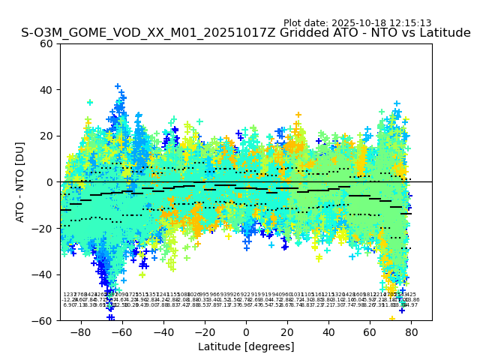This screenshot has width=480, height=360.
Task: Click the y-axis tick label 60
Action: (x=46, y=43)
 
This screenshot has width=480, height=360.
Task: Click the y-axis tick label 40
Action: (x=46, y=90)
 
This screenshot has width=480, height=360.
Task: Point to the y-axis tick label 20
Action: (x=46, y=136)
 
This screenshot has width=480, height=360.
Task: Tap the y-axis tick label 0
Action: (x=49, y=182)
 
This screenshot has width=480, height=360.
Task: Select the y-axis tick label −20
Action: (x=43, y=229)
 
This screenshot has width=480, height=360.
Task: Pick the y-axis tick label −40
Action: (x=43, y=274)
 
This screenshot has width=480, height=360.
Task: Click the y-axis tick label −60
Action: (x=43, y=321)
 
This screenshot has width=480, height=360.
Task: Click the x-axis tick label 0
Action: (x=246, y=331)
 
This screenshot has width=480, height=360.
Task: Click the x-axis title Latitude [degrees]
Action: (x=246, y=346)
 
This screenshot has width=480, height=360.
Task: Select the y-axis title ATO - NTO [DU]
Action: (x=20, y=182)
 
